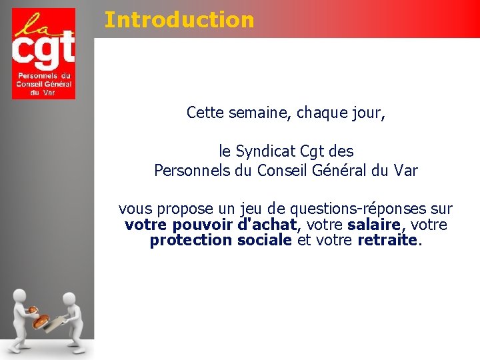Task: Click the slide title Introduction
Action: point(179,20)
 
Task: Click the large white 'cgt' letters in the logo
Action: point(43,51)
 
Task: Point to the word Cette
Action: point(206,113)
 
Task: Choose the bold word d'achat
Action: point(266,225)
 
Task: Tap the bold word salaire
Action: point(373,225)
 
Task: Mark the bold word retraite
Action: point(387,240)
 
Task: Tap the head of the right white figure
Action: point(69,299)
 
